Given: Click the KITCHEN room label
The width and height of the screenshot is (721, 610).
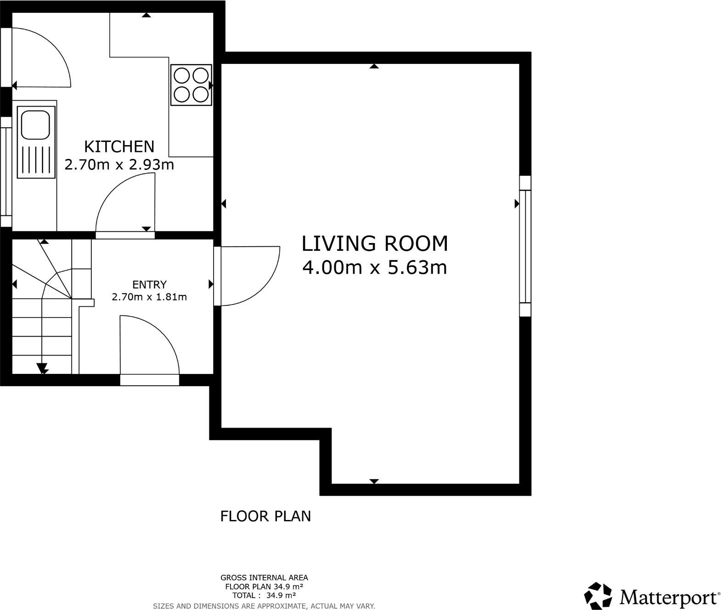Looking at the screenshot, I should tap(119, 147).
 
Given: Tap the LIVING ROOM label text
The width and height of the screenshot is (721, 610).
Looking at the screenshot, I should tap(374, 243).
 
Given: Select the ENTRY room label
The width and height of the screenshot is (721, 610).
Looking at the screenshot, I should tap(149, 284).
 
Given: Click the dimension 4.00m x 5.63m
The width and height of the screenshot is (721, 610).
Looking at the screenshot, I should tap(374, 267).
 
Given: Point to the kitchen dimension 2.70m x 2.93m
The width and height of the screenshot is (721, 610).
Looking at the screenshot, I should tap(119, 164).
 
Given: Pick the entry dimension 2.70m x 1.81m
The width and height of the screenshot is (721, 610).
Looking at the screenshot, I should tap(149, 297).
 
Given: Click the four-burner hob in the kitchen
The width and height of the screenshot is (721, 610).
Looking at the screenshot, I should tap(191, 85).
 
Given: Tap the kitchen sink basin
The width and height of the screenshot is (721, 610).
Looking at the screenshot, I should tap(36, 124).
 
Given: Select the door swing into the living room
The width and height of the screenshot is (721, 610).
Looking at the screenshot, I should tap(248, 276).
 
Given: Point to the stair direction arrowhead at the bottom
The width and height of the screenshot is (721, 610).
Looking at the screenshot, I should tap(42, 368).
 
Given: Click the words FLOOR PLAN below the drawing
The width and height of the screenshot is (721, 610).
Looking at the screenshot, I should tap(265, 516).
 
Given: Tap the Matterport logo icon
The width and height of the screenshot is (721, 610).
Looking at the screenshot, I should tap(598, 596).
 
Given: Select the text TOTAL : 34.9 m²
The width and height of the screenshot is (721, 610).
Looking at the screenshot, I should tap(264, 595).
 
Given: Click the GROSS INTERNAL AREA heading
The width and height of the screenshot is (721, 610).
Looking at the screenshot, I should tap(264, 578).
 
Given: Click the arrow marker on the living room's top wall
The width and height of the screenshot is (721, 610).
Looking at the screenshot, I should tap(374, 67).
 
